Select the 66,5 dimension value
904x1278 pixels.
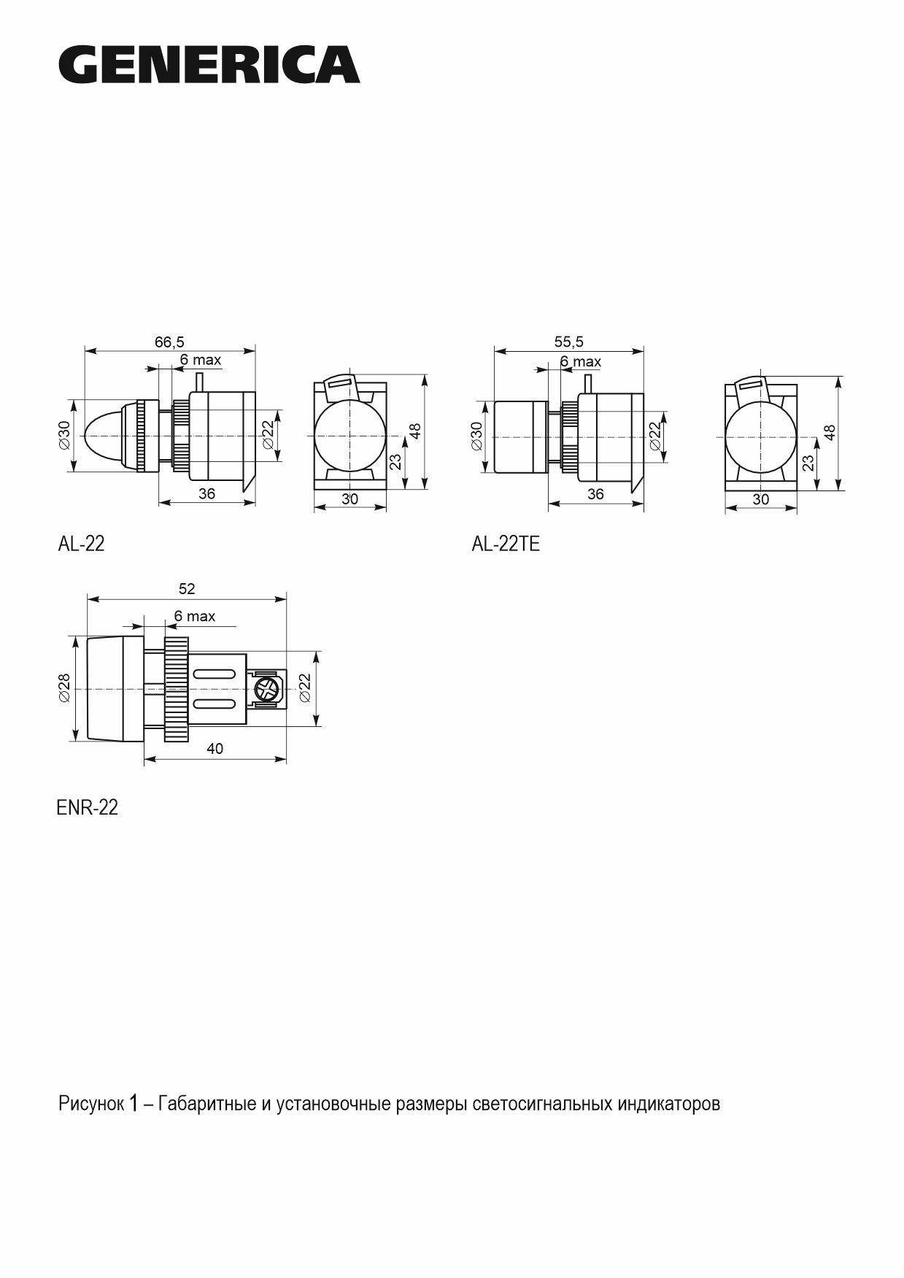click(169, 341)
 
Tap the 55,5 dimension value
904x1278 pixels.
click(568, 341)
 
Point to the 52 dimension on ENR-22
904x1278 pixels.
click(187, 589)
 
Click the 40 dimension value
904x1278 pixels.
click(215, 749)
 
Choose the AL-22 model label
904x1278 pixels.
click(81, 544)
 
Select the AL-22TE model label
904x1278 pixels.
click(506, 544)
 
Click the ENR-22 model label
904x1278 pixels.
click(87, 808)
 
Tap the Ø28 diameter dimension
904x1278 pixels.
click(65, 688)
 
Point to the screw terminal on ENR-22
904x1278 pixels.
click(267, 689)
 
